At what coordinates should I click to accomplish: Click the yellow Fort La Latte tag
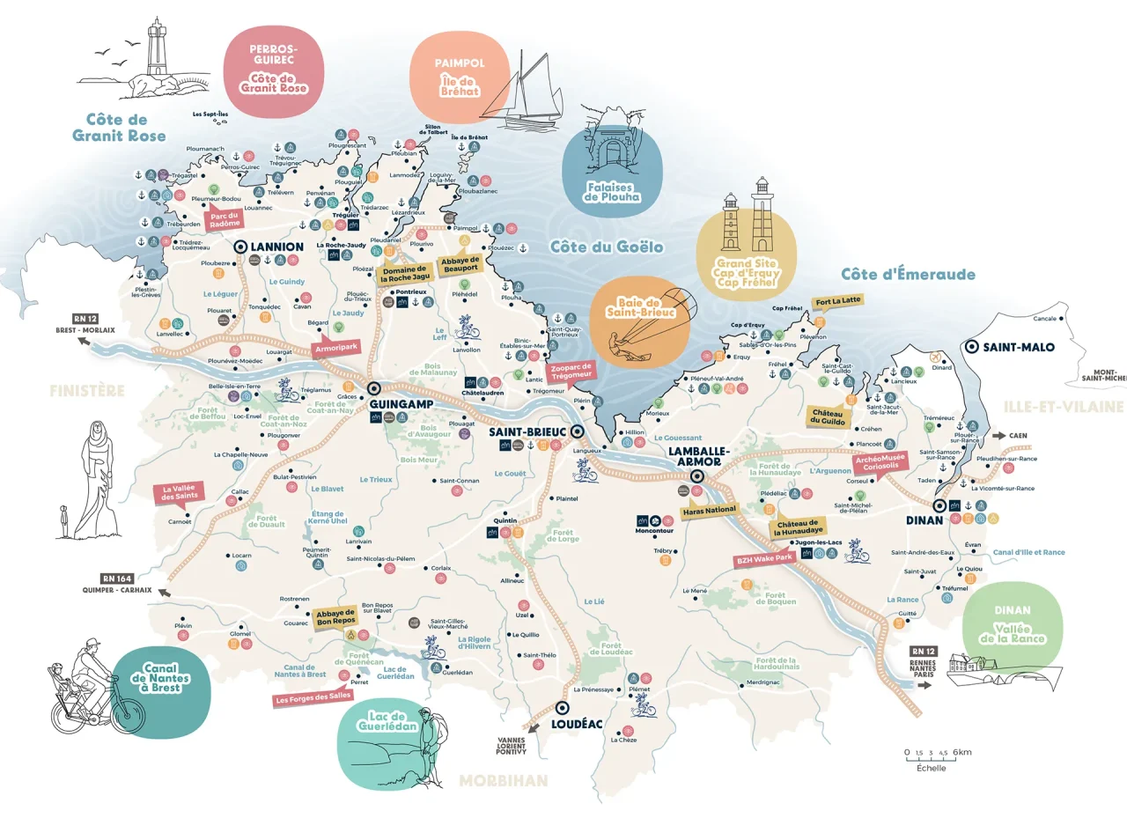click(837, 300)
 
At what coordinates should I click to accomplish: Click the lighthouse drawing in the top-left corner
click(158, 51)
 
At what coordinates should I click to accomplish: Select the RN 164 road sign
click(117, 578)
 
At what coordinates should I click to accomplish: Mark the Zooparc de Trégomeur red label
click(571, 372)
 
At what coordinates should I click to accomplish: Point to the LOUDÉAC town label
click(577, 724)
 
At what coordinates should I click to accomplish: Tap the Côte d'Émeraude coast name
click(907, 274)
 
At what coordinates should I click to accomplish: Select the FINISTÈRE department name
click(87, 391)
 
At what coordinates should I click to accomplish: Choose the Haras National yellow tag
click(711, 512)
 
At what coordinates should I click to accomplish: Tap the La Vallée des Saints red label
click(179, 493)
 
